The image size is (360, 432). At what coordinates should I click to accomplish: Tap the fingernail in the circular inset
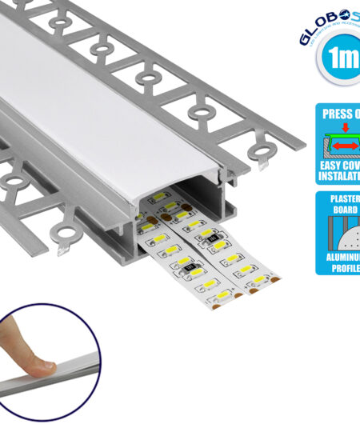[x=39, y=366]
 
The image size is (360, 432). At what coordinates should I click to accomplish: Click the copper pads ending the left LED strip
[x=219, y=303]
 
